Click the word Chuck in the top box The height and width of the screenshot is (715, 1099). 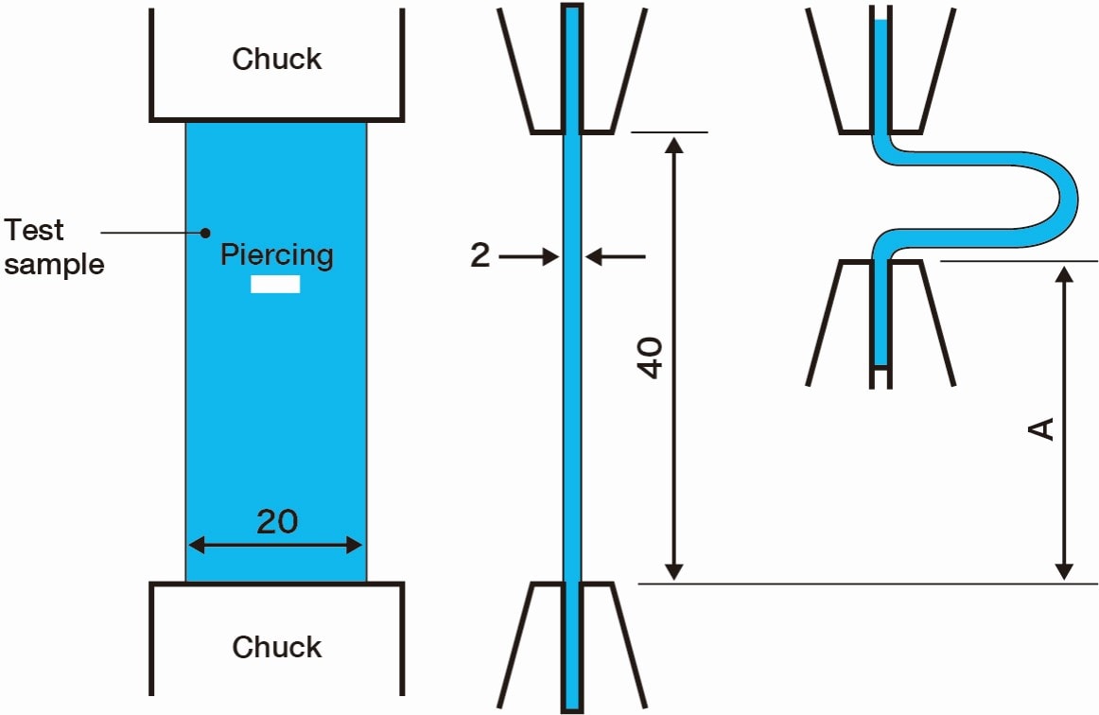coord(277,60)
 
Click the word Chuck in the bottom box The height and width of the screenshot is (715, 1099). coord(277,648)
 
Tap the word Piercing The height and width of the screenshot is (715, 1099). coord(277,255)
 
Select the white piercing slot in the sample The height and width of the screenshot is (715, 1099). coord(275,285)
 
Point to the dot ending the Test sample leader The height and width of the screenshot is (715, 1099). coord(203,232)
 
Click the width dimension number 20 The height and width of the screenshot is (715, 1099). coord(277,521)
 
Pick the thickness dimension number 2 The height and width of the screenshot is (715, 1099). coord(480,255)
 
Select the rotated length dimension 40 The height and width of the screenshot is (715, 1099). coord(651,357)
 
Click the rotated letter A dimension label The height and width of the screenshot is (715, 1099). coord(1041,429)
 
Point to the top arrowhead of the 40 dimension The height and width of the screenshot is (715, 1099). coord(673,145)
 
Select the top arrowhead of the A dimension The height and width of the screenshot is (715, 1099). coord(1065,274)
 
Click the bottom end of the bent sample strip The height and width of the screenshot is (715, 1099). coord(881,364)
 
